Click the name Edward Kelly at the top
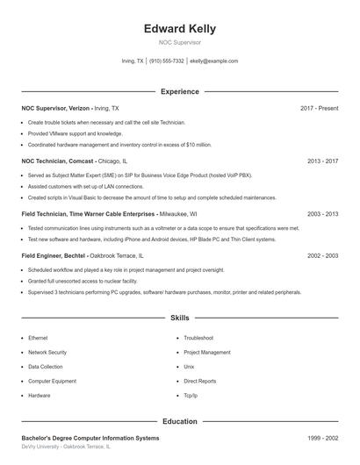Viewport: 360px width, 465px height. (x=179, y=29)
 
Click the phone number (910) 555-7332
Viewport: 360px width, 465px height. (x=167, y=61)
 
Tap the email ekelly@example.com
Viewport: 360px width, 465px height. (x=214, y=61)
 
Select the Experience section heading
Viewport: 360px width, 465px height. (x=179, y=91)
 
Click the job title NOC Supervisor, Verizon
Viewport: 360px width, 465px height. (x=56, y=108)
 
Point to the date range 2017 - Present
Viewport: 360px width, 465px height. (x=319, y=108)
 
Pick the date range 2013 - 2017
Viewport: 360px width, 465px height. (x=322, y=161)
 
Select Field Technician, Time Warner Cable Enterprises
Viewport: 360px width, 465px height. (x=89, y=213)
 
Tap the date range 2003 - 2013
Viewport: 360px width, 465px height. (x=322, y=213)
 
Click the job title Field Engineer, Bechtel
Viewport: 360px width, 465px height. (x=53, y=255)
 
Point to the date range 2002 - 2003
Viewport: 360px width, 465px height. (x=322, y=255)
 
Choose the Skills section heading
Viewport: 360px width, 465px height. (x=179, y=317)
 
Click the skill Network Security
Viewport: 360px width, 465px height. (x=47, y=352)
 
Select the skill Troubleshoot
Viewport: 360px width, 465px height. (x=198, y=337)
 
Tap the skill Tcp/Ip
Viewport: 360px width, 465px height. (x=191, y=396)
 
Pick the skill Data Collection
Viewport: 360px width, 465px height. (x=46, y=367)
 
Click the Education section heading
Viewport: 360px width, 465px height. (x=179, y=421)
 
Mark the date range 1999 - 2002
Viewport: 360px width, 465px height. (x=322, y=438)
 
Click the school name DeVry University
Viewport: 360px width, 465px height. (x=40, y=447)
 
